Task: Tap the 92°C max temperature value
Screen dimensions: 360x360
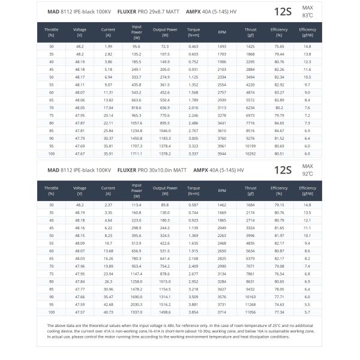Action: tap(308, 173)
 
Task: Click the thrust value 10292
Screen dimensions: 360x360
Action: tap(250, 154)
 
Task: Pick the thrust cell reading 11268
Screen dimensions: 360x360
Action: tap(250, 304)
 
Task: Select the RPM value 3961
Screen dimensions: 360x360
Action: tap(222, 146)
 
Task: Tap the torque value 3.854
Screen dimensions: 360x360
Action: tap(193, 312)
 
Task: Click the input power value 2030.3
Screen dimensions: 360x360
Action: tap(136, 304)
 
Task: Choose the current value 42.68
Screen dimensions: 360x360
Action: tap(108, 304)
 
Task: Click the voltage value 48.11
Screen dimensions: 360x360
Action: tap(79, 85)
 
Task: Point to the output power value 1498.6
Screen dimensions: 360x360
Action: tap(165, 312)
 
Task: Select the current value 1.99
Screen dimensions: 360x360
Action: tap(108, 46)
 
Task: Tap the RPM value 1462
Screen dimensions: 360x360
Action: tap(222, 205)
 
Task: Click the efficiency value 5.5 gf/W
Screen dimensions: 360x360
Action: tap(307, 312)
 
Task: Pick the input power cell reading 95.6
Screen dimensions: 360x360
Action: tap(136, 46)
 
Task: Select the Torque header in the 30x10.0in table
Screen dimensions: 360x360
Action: tap(193, 191)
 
